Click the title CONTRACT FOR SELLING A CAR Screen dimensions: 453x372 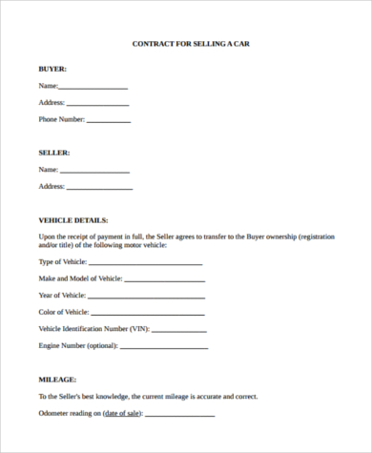(190, 44)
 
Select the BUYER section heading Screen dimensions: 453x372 (52, 70)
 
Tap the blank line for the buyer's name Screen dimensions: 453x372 (93, 88)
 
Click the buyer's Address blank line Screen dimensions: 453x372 (97, 104)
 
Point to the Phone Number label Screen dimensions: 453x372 (61, 119)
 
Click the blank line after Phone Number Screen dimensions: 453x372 (109, 121)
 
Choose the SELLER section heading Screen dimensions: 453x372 (54, 153)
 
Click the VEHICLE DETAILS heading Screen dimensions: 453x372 (73, 220)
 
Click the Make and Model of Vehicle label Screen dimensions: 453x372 (80, 278)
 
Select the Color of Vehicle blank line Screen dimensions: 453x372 (148, 313)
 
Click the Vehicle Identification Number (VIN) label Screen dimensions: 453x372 (93, 328)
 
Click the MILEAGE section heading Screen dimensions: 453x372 (58, 379)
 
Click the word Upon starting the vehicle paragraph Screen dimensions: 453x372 (48, 236)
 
